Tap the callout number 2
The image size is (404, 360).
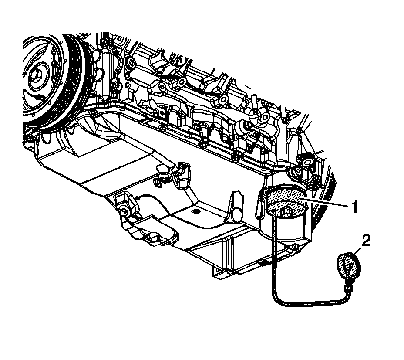click(x=366, y=241)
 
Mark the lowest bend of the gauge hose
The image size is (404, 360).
click(x=279, y=299)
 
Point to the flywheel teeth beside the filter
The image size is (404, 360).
click(x=322, y=209)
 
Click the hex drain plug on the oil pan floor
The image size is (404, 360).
click(x=195, y=212)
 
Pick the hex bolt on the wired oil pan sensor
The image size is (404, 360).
click(x=123, y=213)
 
